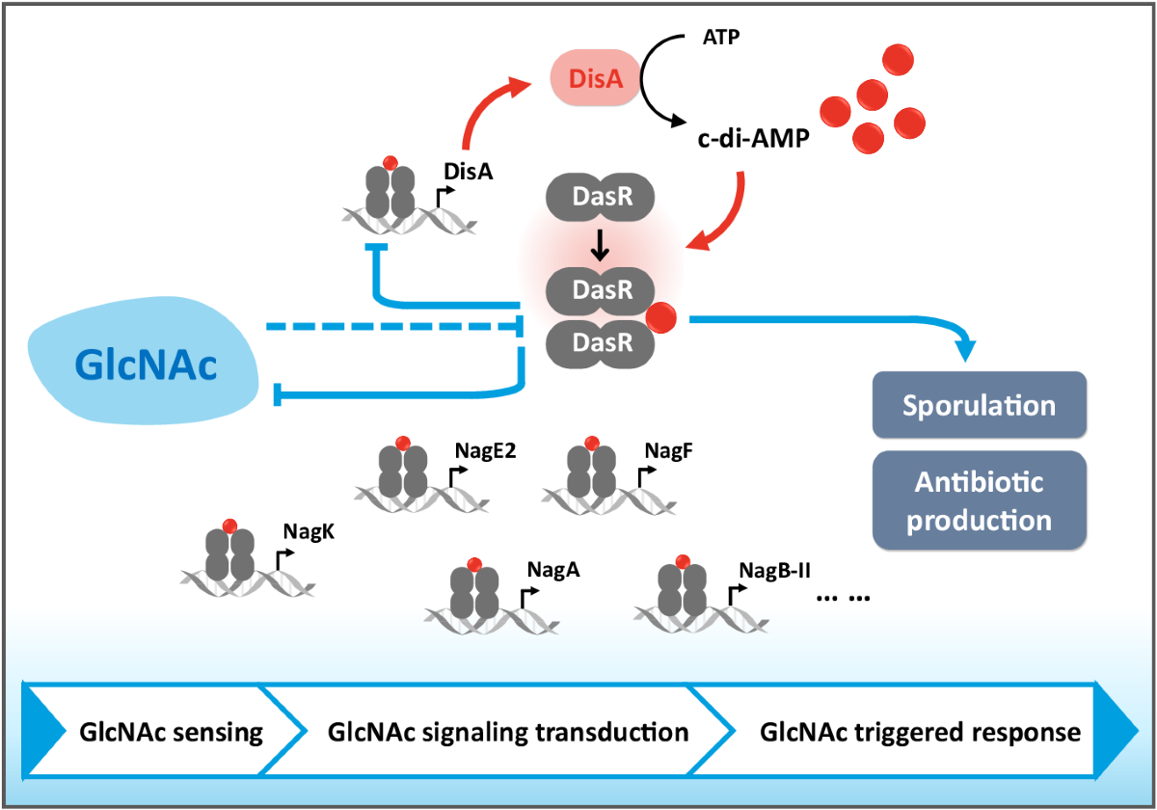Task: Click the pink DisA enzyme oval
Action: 595,78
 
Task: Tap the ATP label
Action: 721,38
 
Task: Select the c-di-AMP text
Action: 753,139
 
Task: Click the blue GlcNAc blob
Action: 143,361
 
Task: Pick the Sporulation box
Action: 980,405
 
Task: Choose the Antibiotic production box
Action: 980,500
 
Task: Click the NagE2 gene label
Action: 485,451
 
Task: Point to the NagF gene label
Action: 668,451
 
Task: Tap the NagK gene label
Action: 309,531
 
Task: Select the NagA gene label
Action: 553,570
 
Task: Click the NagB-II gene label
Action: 774,571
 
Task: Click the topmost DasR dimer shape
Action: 600,197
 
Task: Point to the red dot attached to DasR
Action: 660,317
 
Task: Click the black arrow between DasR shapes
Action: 600,245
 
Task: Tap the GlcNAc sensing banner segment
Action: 164,732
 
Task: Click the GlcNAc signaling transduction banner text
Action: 508,733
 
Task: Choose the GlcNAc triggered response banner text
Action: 920,733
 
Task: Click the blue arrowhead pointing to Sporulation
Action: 965,351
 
